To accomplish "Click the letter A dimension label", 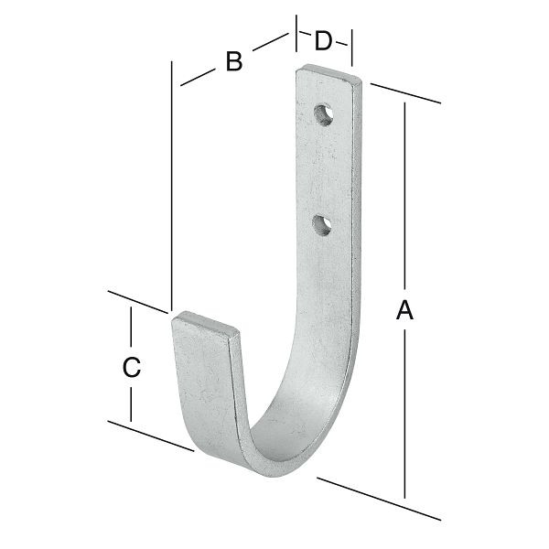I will pos(404,311).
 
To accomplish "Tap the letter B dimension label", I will pos(234,62).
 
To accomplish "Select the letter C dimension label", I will pos(131,367).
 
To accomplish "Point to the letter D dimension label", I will pos(324,41).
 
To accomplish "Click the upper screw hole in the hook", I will pos(323,113).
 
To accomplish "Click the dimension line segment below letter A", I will pos(404,412).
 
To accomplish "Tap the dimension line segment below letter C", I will pos(131,403).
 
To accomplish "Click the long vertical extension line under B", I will pos(171,183).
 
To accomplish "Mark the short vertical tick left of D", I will pos(296,37).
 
